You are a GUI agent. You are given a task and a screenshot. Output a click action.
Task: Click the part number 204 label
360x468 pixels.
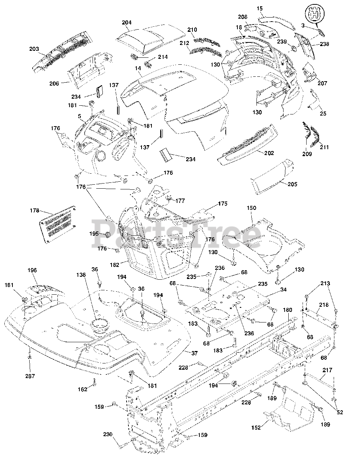(127, 23)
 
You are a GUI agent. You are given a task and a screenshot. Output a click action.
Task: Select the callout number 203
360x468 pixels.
(34, 49)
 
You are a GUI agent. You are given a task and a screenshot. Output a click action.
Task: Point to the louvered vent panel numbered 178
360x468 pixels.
(57, 224)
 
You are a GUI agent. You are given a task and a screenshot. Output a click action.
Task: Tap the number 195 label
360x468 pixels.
(94, 234)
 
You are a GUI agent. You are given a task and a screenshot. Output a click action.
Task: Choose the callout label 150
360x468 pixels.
(251, 208)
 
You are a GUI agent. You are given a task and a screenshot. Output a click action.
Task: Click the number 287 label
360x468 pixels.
(30, 376)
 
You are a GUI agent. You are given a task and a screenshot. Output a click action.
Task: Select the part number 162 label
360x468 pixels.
(83, 389)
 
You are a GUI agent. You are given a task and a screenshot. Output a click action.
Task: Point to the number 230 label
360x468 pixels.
(108, 434)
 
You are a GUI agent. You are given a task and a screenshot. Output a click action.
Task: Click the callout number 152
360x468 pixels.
(256, 427)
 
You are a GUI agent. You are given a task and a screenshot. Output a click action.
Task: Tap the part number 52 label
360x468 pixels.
(340, 412)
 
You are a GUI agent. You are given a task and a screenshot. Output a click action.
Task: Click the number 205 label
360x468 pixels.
(292, 184)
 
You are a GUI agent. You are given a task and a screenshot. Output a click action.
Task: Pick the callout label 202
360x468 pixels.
(269, 153)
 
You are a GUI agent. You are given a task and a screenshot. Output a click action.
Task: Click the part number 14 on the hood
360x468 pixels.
(138, 68)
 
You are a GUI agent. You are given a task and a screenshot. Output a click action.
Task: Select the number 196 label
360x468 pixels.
(32, 270)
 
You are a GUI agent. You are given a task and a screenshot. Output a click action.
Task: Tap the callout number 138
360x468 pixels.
(81, 275)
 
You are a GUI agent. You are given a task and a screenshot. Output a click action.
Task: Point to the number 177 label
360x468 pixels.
(180, 201)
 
